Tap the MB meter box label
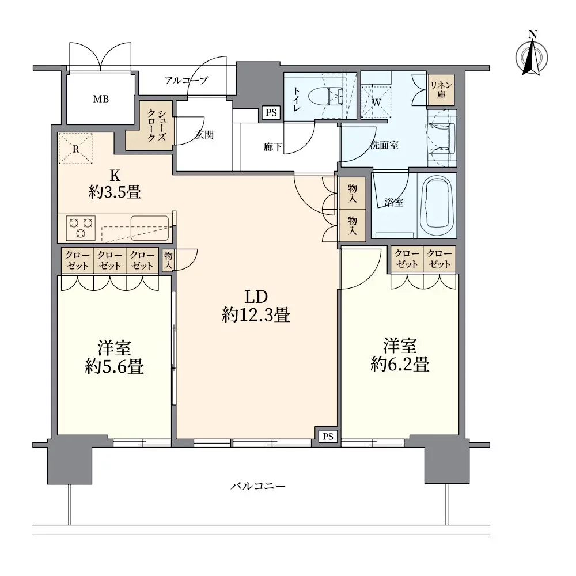(101, 99)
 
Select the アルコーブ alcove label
(186, 80)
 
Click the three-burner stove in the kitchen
(81, 228)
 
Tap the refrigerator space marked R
(75, 149)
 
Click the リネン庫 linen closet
(441, 90)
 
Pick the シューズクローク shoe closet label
(157, 126)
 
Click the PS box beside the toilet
(271, 112)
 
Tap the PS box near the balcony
(328, 436)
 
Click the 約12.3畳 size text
(256, 315)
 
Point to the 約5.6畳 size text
(114, 366)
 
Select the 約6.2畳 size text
(400, 365)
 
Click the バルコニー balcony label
(258, 486)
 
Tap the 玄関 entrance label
(204, 135)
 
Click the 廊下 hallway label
(273, 147)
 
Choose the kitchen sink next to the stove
(150, 228)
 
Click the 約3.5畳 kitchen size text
(115, 192)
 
